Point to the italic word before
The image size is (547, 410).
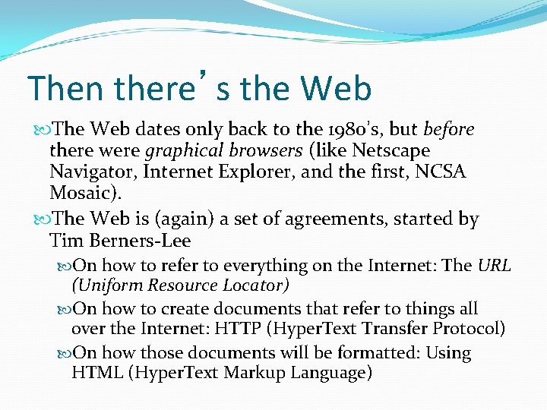point(449,130)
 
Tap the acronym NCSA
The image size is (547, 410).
point(440,171)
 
